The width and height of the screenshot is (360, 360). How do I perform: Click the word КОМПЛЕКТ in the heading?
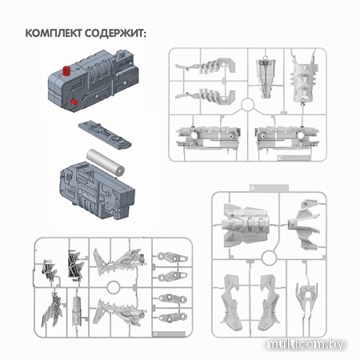(54, 34)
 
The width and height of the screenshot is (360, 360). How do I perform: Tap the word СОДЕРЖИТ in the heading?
(115, 34)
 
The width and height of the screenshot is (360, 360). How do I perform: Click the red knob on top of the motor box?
(66, 71)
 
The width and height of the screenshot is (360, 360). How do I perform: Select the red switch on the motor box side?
(73, 102)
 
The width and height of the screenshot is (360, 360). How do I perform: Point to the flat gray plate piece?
(105, 134)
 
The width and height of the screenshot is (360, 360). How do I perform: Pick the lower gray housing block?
(97, 190)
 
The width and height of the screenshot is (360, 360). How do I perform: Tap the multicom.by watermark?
(306, 345)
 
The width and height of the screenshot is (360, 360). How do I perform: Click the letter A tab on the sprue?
(269, 188)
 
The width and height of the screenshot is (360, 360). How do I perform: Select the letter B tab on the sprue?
(169, 334)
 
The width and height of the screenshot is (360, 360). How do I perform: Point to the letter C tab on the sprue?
(294, 158)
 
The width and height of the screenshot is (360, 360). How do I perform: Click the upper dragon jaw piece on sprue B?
(119, 262)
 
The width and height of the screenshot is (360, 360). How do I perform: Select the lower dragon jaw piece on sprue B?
(119, 312)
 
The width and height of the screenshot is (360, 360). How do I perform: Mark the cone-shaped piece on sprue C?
(266, 78)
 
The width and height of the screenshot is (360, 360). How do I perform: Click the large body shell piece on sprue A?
(245, 225)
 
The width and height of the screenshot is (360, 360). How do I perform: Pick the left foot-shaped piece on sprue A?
(231, 302)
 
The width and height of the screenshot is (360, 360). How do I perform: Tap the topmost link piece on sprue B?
(173, 257)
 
